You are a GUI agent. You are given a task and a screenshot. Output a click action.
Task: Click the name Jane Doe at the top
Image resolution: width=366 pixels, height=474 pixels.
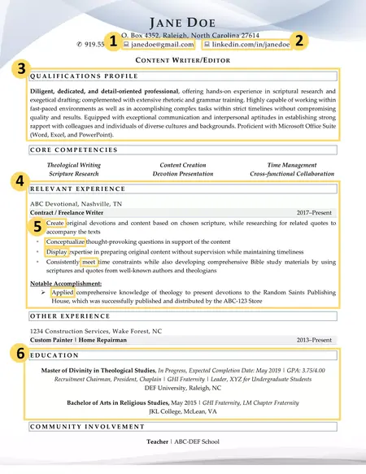(x=182, y=20)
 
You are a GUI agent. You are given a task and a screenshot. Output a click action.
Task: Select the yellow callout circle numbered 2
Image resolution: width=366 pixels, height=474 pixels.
(x=299, y=40)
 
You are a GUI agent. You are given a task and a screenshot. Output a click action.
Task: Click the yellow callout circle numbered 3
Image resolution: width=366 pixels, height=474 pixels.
(x=22, y=69)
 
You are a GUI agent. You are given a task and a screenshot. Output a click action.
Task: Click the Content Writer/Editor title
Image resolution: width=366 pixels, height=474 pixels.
(x=182, y=61)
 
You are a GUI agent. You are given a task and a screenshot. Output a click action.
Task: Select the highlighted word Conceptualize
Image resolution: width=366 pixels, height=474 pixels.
(x=65, y=241)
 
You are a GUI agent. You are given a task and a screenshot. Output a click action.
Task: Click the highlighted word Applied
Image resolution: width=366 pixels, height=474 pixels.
(x=63, y=291)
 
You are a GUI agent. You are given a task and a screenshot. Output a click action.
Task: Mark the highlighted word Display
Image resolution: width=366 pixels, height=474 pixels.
(x=57, y=252)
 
